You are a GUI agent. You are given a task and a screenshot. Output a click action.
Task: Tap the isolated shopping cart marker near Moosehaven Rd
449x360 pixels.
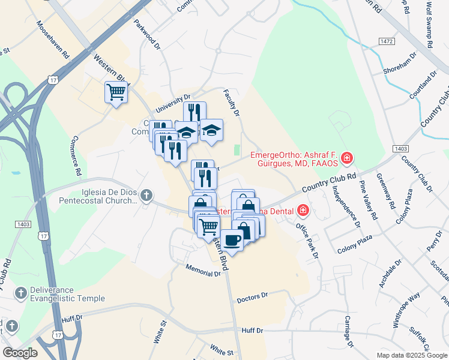116,92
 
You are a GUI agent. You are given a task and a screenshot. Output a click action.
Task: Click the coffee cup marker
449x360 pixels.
232,240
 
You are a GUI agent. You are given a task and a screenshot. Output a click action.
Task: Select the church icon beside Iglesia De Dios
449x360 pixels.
146,195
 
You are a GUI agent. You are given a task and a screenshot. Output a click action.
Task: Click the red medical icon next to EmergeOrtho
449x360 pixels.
346,158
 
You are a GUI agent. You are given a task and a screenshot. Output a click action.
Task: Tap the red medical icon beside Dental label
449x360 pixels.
303,210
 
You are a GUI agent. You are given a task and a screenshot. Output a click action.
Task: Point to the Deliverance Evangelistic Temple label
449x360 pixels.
60,293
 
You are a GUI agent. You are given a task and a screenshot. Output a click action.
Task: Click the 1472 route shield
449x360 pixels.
387,40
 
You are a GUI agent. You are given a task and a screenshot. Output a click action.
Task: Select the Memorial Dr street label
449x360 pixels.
203,269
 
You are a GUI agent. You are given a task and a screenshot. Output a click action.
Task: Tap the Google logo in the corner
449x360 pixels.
20,353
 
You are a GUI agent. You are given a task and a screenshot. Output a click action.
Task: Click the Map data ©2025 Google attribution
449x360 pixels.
411,355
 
